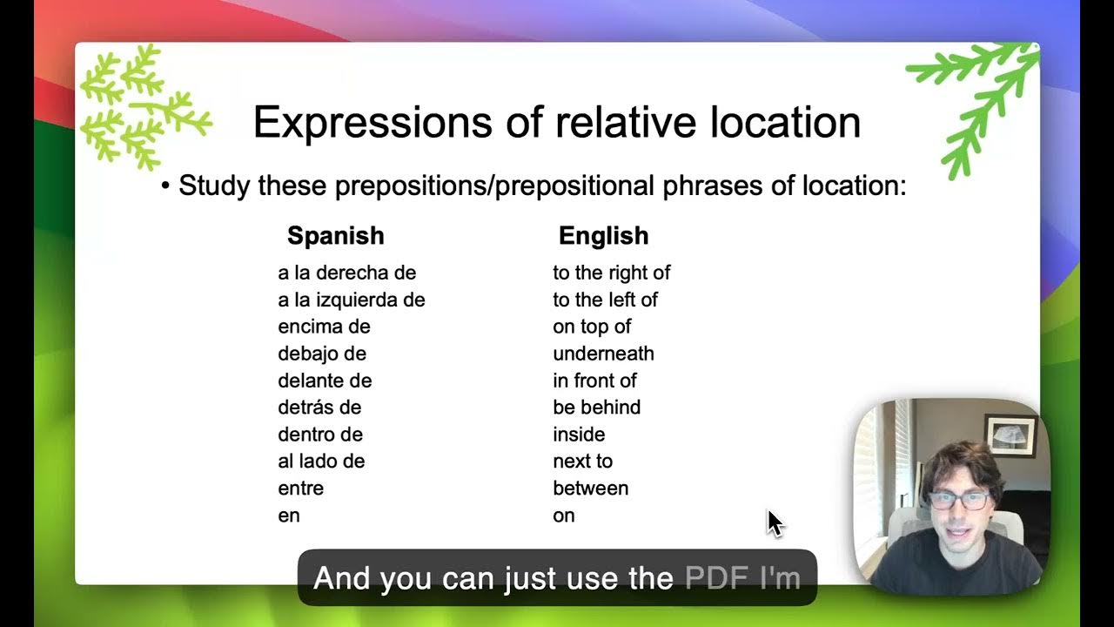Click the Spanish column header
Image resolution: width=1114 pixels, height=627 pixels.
tap(335, 236)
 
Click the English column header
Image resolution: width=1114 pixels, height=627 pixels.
tap(603, 236)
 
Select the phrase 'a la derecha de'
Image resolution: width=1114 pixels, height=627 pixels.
tap(346, 273)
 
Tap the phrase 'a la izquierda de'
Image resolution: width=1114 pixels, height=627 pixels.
tap(351, 300)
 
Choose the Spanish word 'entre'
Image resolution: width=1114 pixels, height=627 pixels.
tap(300, 489)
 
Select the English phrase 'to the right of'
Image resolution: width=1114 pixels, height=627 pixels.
tap(611, 273)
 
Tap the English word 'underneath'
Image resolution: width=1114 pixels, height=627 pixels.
tap(603, 354)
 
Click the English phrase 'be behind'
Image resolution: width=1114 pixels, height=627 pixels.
tap(596, 408)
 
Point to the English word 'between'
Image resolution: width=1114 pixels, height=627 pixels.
tap(590, 489)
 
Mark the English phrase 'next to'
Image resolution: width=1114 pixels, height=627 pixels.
tap(582, 462)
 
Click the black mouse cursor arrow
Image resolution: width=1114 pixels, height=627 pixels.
tap(775, 522)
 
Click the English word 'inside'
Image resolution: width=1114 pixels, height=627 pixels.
tap(579, 435)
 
